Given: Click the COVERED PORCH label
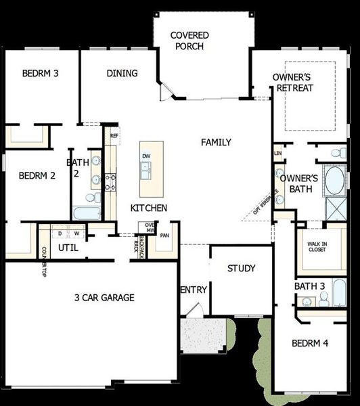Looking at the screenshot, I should coord(189,40).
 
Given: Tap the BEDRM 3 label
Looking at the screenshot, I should coord(39,74).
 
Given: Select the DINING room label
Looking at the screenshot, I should coord(122,73).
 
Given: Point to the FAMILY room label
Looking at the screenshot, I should coord(216,142).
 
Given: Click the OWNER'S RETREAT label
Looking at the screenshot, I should coord(293,83).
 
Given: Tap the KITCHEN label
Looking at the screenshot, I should coord(149,208).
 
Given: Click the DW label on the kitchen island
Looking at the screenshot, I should coord(146,156).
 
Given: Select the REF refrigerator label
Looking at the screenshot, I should coord(114,135).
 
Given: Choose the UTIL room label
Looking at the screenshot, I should coord(68,248).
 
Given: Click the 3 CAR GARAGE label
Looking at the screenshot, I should coord(104,297).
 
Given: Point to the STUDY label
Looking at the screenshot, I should coord(241,269).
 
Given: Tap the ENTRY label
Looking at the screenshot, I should coord(194,290).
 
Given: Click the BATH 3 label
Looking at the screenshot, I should coord(311,286).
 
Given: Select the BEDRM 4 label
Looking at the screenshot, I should coord(310,343).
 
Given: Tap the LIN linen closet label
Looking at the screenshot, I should coord(277,154).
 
